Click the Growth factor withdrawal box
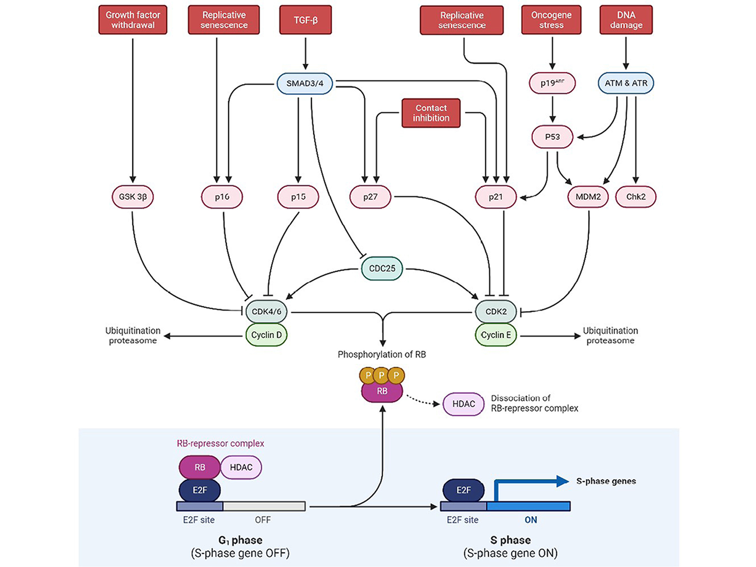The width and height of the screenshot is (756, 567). coord(133,20)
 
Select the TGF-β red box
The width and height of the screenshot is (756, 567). coord(305,20)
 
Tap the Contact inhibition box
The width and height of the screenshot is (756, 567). coord(431,113)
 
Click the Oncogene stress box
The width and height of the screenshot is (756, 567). coord(551,20)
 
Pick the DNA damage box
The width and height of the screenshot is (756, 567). coord(626,20)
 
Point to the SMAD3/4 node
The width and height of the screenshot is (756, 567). coord(305,84)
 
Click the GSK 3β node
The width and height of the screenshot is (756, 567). coord(133,197)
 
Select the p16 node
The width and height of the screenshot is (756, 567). coord(222,197)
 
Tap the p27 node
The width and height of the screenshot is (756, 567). coord(370,197)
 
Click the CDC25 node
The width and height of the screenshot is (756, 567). coord(382,268)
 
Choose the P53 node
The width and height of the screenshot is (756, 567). coord(552,137)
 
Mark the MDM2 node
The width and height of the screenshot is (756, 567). coord(588,197)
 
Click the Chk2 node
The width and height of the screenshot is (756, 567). coord(636,197)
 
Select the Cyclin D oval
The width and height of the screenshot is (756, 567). coord(266,335)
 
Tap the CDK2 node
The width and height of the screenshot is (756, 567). coord(496,311)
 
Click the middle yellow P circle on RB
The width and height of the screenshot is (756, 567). coord(382,376)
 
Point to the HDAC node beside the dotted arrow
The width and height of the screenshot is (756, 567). coord(464,404)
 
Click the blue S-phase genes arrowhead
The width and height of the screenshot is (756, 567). coord(562,481)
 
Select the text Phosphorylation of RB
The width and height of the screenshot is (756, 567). coord(382,354)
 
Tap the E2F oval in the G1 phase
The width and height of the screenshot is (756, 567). coord(200,490)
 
